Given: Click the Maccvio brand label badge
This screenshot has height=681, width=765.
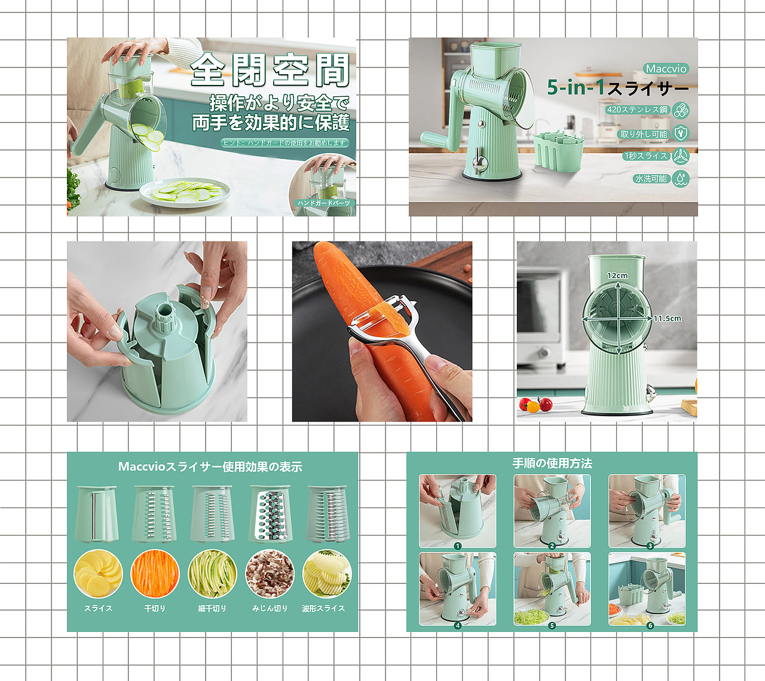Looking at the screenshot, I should [x=666, y=69].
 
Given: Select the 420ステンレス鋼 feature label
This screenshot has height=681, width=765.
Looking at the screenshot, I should [x=637, y=109].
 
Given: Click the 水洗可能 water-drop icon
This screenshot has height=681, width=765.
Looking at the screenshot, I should [x=681, y=178].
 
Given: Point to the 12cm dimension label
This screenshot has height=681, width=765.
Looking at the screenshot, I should [x=617, y=276].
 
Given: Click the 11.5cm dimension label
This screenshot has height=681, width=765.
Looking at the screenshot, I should [x=667, y=319].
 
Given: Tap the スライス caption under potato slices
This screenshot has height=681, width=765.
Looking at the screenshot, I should [x=98, y=608].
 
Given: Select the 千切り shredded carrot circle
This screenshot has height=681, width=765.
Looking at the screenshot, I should [x=155, y=573].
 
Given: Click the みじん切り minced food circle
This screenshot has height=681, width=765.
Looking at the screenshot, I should [x=270, y=573].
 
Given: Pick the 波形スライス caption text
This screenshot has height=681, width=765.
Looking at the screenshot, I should [x=323, y=608].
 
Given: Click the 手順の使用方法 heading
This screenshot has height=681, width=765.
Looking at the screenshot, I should [x=552, y=463].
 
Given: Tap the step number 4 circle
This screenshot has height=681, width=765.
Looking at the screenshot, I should [x=458, y=625].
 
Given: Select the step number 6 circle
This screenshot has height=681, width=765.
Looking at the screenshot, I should [x=650, y=625].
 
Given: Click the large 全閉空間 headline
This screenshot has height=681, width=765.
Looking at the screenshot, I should [x=270, y=70].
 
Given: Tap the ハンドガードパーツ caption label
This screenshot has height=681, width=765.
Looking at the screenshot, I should [x=324, y=203].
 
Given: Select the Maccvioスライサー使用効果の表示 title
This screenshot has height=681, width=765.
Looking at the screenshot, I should [x=210, y=467].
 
